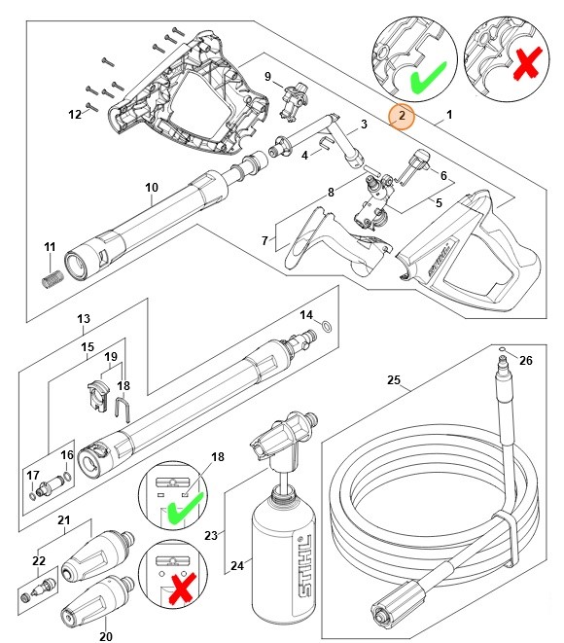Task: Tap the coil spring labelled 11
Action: point(52,280)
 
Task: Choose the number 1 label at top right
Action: point(449,116)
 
